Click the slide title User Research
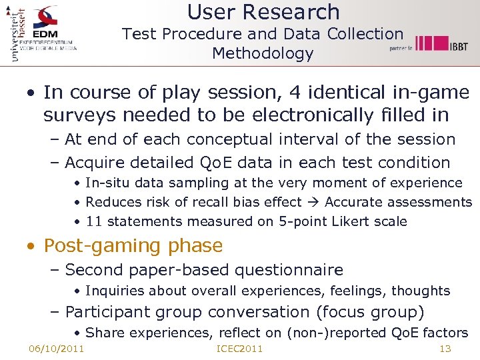click(263, 12)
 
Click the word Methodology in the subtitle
click(263, 53)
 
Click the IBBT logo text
click(458, 46)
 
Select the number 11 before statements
click(94, 221)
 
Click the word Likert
click(351, 221)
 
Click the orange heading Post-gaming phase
click(133, 245)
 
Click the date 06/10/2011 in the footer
click(57, 349)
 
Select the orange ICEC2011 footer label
click(240, 349)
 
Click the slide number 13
click(445, 349)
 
